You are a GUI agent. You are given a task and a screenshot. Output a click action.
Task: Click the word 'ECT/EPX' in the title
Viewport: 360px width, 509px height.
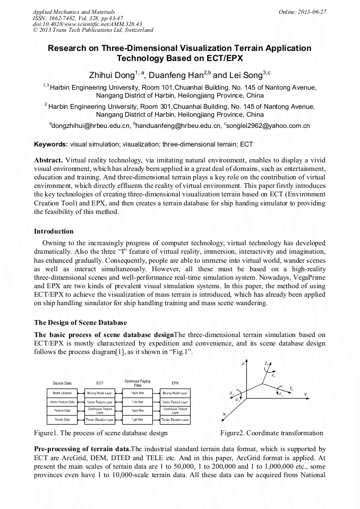[x=207, y=58]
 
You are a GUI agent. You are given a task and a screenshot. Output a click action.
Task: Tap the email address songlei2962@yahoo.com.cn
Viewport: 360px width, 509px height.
[x=268, y=126]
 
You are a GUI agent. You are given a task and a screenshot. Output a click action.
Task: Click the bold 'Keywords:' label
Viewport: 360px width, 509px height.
[x=51, y=144]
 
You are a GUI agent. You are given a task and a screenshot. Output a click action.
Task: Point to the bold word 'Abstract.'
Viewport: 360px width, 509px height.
[x=49, y=160]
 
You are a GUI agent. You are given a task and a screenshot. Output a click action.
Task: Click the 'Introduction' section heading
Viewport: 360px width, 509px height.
[x=54, y=231]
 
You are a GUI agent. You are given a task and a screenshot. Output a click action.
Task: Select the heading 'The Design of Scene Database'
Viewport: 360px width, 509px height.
[x=80, y=322]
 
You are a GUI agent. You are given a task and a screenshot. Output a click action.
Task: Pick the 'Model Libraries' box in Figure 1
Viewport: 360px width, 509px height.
[x=62, y=393]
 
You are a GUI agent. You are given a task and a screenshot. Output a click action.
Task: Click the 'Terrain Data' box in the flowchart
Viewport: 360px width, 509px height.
[x=62, y=420]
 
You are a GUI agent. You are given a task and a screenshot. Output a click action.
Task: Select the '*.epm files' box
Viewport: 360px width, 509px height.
[x=137, y=393]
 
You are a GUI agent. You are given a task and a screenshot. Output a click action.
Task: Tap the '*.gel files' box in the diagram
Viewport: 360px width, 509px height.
[x=137, y=420]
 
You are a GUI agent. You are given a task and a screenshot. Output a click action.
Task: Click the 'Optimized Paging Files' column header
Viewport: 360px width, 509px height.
[x=137, y=382]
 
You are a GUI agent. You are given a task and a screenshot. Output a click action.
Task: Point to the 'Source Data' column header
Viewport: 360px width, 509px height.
[x=62, y=383]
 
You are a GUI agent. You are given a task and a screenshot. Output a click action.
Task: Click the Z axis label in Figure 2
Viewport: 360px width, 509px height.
[x=243, y=364]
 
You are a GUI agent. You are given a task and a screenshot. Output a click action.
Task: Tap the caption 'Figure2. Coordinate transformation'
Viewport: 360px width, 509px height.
[x=272, y=433]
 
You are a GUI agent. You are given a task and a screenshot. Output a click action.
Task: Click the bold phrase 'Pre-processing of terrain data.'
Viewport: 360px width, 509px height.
[x=82, y=449]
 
